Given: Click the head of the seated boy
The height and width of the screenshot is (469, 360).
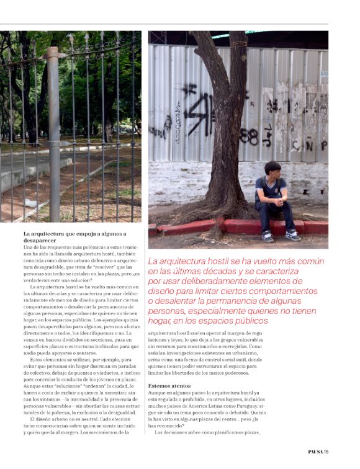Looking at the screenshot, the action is [273, 170].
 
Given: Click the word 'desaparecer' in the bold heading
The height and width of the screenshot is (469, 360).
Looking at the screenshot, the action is [41, 240].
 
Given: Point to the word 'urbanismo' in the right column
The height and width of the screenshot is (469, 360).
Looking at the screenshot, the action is [300, 352].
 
